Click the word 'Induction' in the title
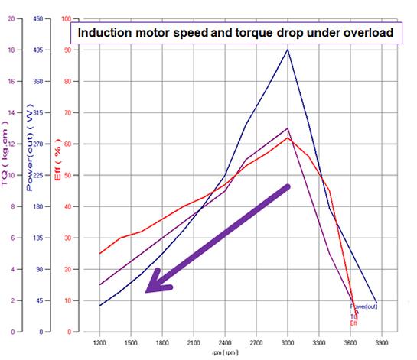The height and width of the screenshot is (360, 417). [106, 34]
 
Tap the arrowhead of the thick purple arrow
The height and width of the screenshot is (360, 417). [154, 285]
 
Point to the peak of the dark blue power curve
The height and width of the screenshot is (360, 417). [288, 50]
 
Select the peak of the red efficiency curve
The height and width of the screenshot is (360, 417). [288, 138]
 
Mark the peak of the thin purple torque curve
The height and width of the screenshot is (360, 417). [288, 128]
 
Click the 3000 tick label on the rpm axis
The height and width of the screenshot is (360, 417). [288, 344]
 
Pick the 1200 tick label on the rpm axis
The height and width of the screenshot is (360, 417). [99, 344]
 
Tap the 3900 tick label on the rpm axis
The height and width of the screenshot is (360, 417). [382, 344]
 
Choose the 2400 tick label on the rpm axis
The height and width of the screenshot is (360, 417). [225, 344]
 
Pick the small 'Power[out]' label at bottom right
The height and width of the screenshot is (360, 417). [363, 306]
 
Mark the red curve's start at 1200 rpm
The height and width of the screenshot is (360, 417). [100, 253]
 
